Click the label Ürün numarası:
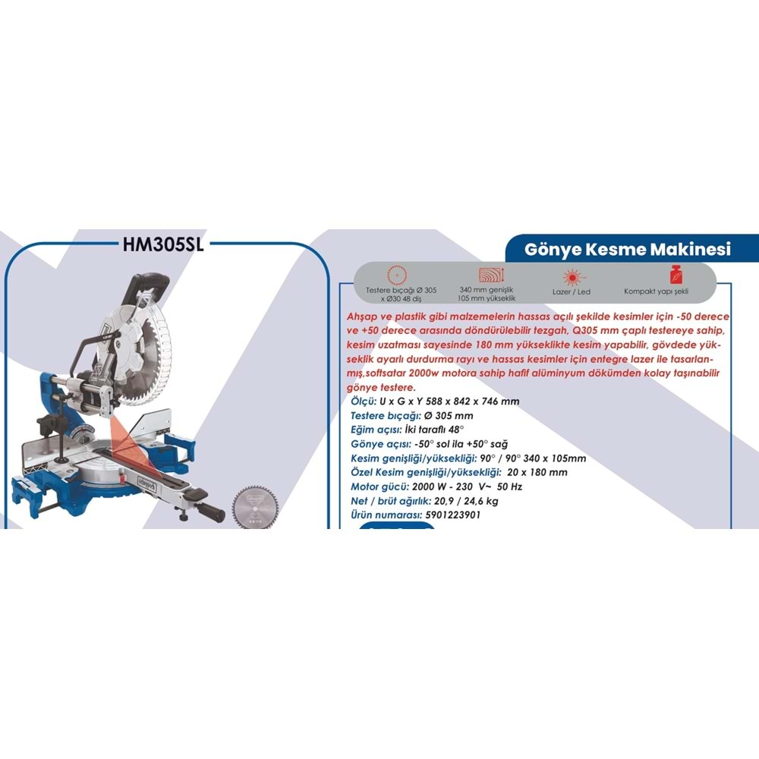386,515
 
